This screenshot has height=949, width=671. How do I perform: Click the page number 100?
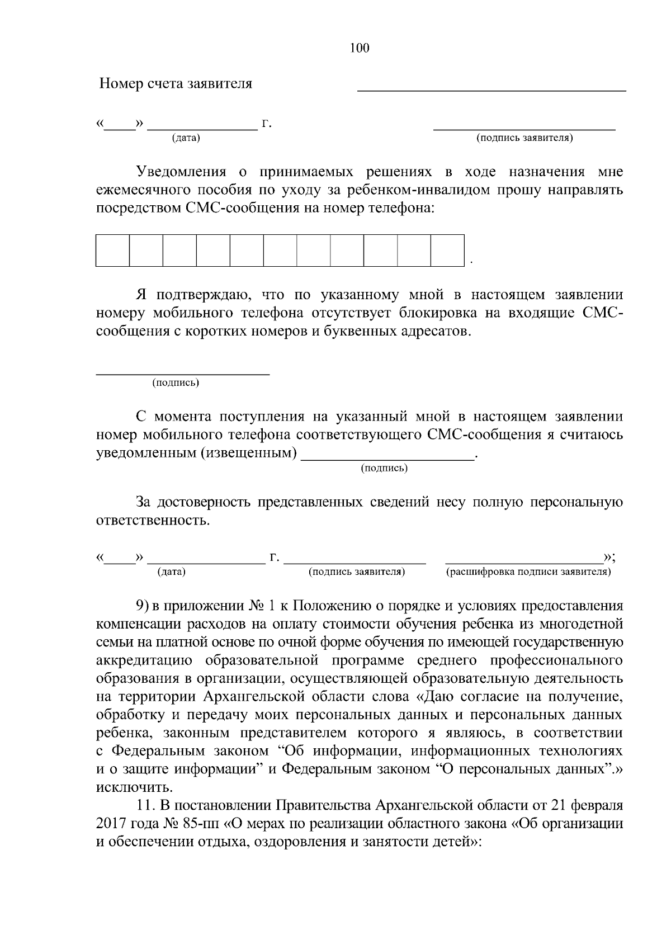pos(360,49)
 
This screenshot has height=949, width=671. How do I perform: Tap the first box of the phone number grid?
pos(112,250)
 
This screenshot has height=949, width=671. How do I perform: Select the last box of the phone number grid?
pos(447,250)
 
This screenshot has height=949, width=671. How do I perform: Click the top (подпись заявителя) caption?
pos(524,138)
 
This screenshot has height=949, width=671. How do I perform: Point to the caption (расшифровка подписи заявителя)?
pos(528,572)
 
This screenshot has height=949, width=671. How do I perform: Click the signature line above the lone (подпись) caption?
pos(183,373)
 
